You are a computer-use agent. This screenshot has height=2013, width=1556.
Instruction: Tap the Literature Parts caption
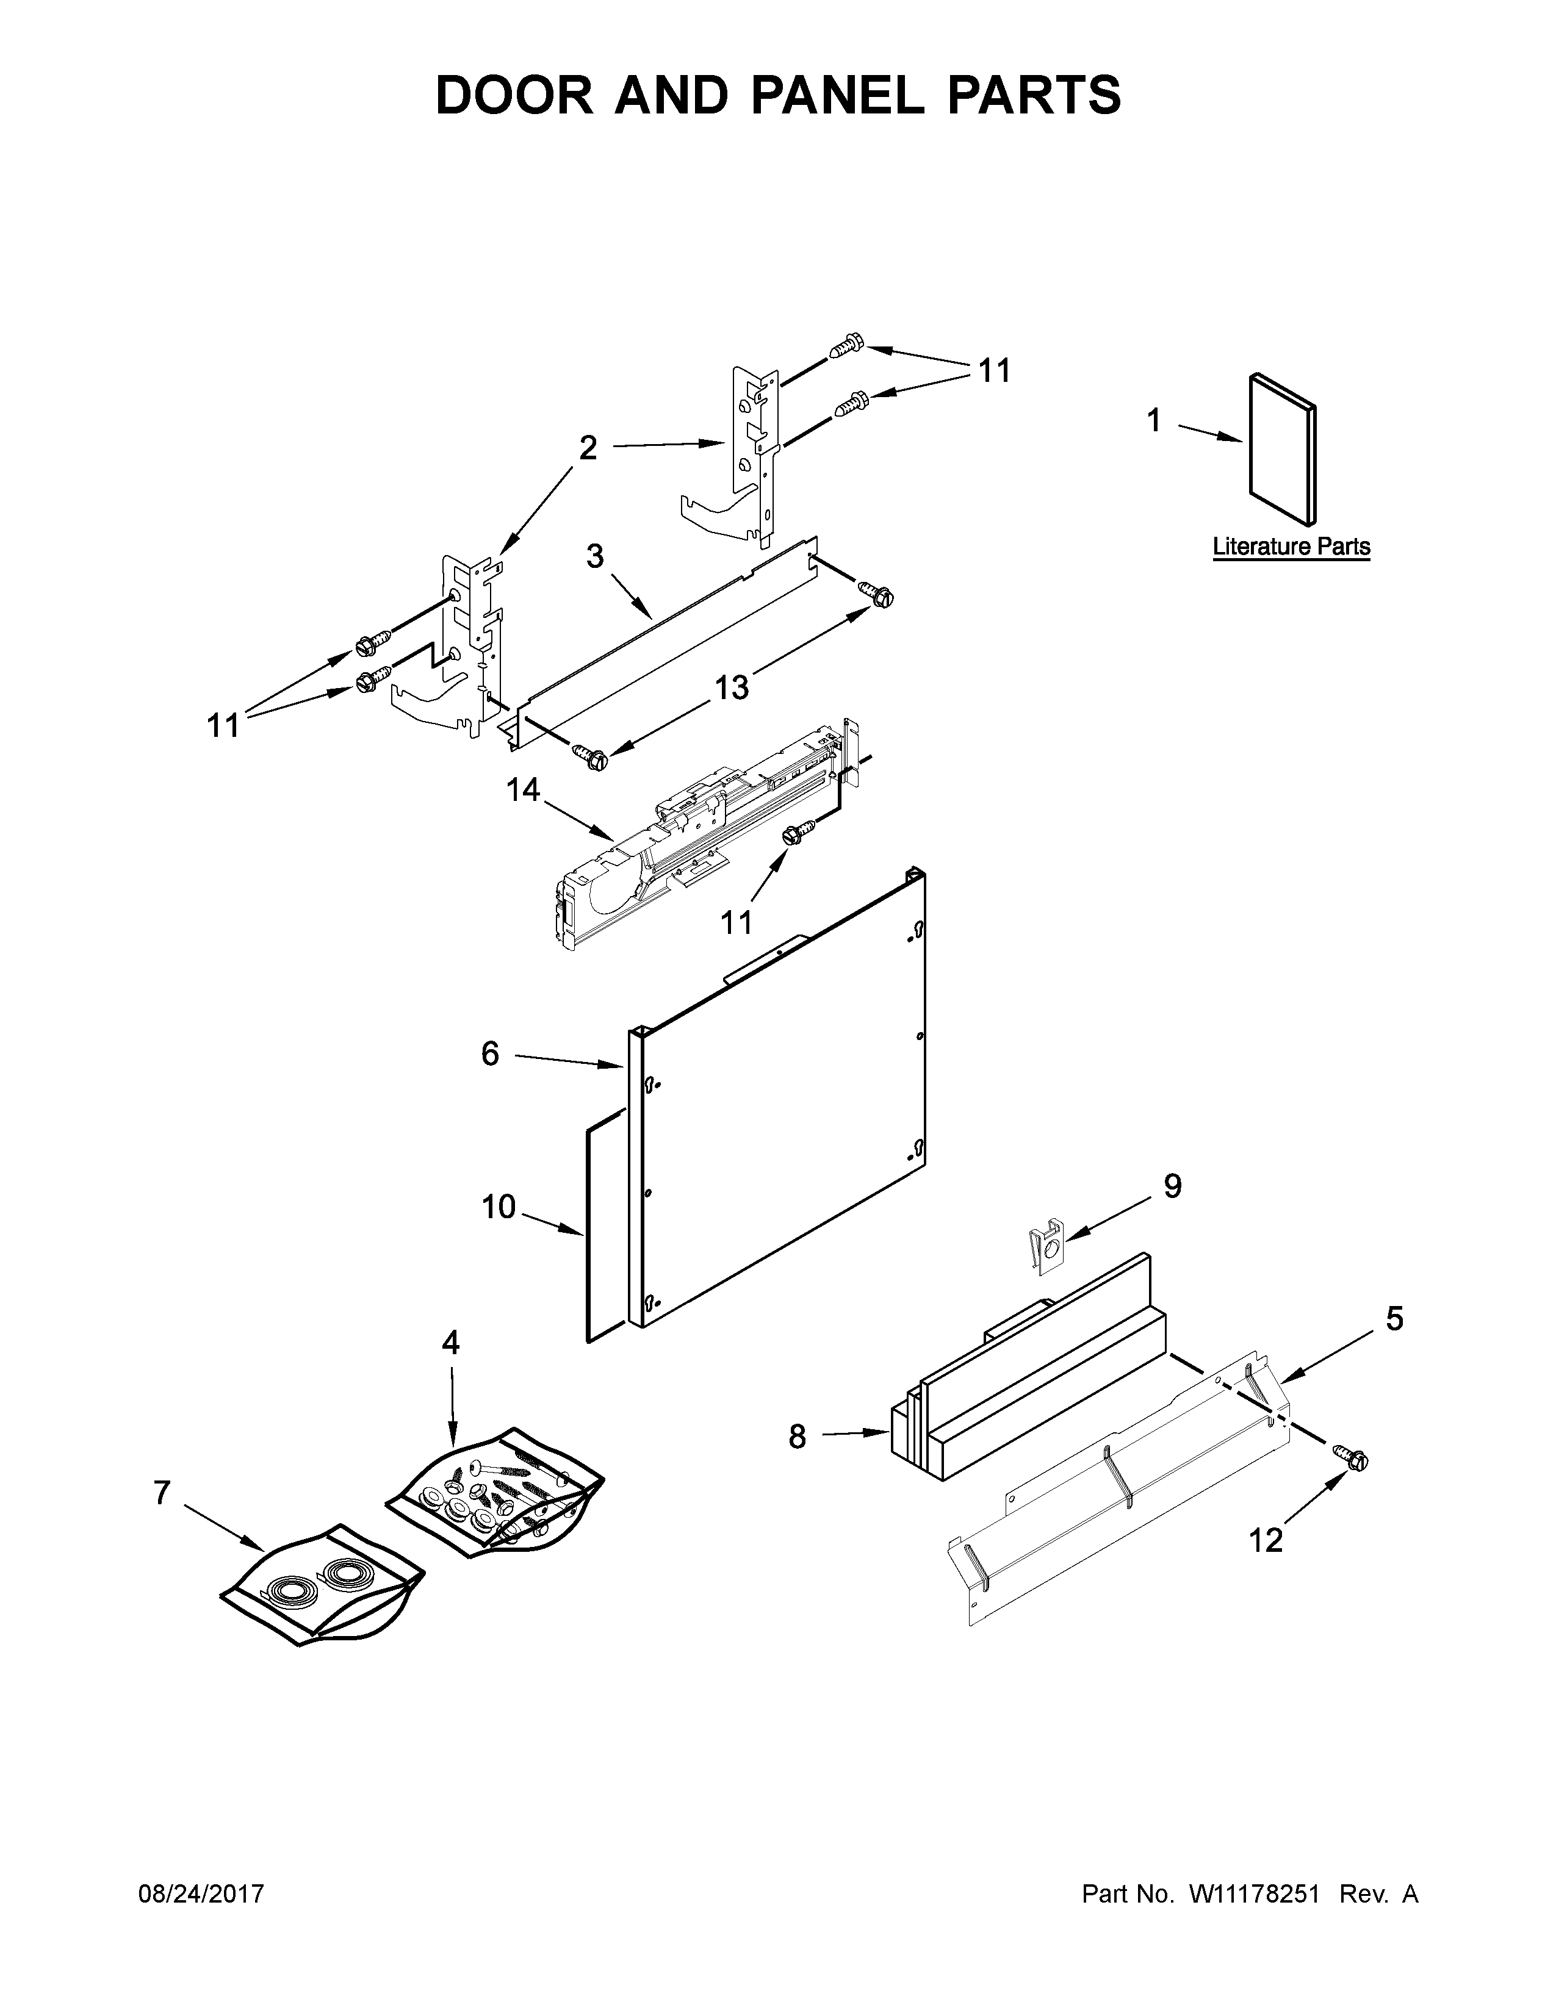1291,547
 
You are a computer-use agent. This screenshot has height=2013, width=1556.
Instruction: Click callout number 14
523,790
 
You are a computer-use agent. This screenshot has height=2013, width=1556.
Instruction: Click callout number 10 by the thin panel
499,1207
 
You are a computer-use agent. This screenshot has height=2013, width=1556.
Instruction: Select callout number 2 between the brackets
588,448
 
